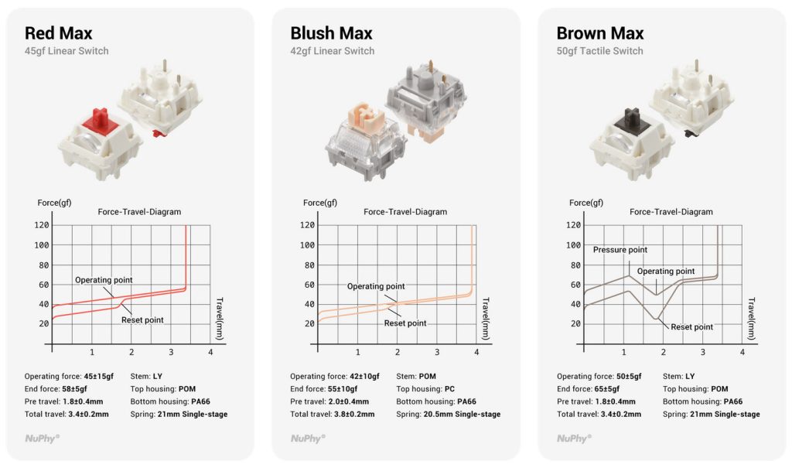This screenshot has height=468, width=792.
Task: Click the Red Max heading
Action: [x=59, y=33]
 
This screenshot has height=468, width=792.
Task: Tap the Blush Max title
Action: [x=331, y=33]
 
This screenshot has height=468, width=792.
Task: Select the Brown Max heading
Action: [x=600, y=33]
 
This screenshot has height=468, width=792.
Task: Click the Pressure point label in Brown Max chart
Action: [x=620, y=250]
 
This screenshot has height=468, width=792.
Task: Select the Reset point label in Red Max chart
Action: [x=142, y=320]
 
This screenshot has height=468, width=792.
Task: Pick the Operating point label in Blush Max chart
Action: [x=376, y=286]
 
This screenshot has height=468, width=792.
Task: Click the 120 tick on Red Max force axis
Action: [x=42, y=225]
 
